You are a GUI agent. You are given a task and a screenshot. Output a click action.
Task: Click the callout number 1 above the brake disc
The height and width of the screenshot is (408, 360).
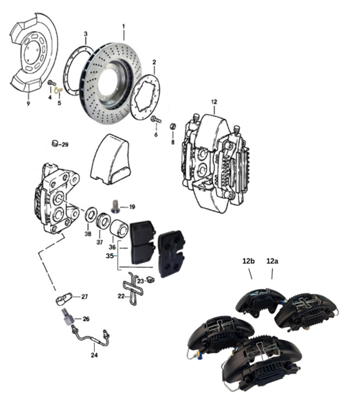[124, 27]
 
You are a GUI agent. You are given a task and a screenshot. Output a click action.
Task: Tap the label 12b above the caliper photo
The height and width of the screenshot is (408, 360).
[248, 261]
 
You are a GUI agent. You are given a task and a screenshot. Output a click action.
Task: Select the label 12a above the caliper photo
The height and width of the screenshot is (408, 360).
[272, 261]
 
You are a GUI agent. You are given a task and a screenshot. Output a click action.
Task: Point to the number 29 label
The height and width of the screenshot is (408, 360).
[65, 144]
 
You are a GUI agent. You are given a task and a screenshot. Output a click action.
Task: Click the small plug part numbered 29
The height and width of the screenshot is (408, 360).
[55, 144]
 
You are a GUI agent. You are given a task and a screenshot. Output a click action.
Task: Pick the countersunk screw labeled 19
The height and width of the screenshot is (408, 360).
[115, 206]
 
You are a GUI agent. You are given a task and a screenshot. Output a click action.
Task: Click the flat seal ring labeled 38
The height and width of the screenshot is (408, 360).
[91, 214]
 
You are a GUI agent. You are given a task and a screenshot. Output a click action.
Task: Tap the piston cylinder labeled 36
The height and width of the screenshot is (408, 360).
[120, 229]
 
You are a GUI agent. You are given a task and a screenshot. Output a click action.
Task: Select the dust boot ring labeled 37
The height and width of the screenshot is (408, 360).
[102, 221]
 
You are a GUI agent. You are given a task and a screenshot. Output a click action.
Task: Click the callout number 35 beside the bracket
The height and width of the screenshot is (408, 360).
[110, 256]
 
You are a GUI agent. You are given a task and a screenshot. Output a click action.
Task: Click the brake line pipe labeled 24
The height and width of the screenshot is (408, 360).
[90, 337]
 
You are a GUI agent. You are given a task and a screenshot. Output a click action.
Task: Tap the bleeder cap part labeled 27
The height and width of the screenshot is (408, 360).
[64, 298]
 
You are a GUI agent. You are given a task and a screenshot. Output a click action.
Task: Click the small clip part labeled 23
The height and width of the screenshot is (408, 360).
[150, 280]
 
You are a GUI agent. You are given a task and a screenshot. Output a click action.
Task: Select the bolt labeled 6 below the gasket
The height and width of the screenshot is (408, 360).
[156, 120]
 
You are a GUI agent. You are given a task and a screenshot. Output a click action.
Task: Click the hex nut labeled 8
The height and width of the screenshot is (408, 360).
[172, 126]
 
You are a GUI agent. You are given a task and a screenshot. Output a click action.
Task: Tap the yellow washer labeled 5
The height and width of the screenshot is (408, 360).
[58, 90]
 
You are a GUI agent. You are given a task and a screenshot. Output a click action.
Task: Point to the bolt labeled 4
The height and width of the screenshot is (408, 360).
[52, 83]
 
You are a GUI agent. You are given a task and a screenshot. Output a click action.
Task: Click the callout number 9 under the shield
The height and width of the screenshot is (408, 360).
[28, 104]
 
